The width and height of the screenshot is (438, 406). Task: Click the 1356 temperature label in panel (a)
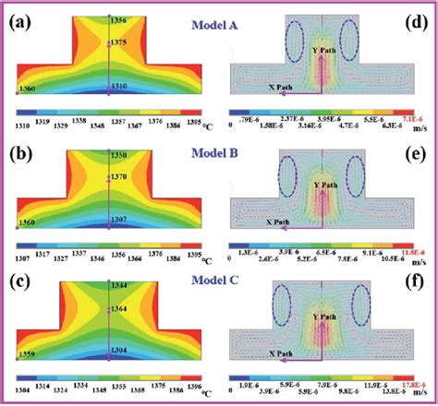coord(118,20)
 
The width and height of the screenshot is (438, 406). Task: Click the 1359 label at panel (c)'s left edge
coord(30,353)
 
